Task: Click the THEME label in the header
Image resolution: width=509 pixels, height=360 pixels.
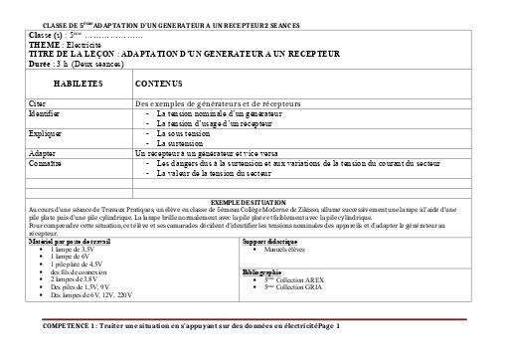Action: (x=43, y=44)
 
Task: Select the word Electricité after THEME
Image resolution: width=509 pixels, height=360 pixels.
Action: (x=84, y=44)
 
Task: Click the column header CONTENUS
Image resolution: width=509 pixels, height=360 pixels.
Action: (x=159, y=86)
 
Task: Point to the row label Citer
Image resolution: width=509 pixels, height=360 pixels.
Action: (x=38, y=103)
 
